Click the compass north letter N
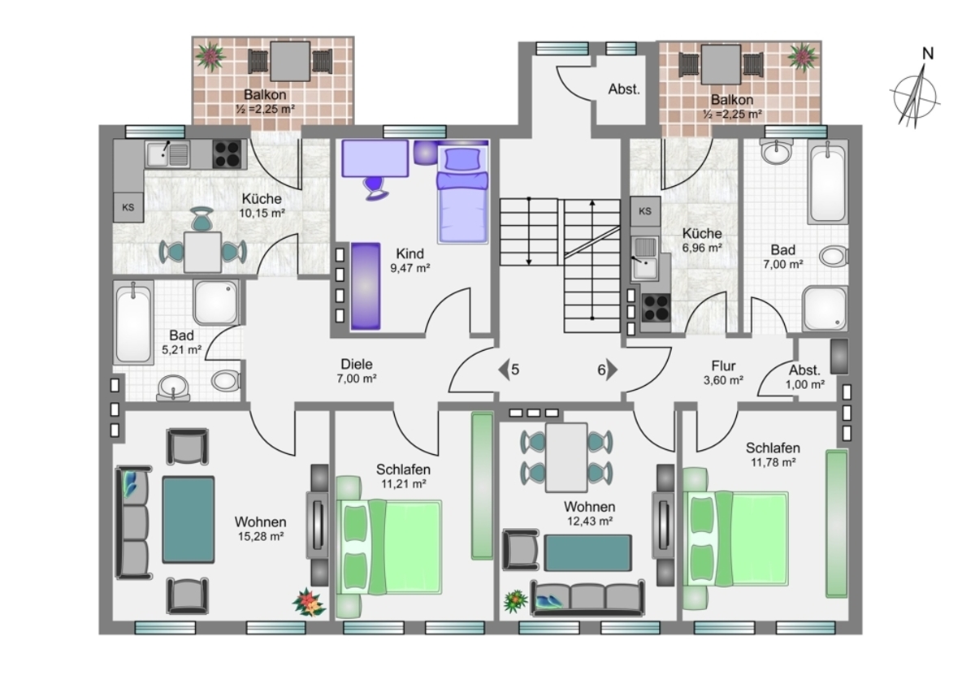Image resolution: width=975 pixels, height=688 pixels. pyautogui.click(x=928, y=54)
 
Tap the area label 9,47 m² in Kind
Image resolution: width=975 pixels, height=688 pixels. pyautogui.click(x=410, y=268)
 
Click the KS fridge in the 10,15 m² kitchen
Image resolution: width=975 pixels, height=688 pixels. pyautogui.click(x=128, y=208)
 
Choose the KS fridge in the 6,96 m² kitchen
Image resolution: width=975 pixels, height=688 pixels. pyautogui.click(x=645, y=211)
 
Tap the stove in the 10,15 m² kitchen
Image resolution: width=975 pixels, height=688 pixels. pyautogui.click(x=227, y=154)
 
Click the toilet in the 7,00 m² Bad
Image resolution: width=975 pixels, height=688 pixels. pyautogui.click(x=834, y=256)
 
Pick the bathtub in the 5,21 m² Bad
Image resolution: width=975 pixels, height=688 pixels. pyautogui.click(x=133, y=322)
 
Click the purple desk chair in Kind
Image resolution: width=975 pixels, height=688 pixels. pyautogui.click(x=375, y=188)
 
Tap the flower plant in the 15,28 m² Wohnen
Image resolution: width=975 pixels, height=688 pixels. pyautogui.click(x=308, y=602)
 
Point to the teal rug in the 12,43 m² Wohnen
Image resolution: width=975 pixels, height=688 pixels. pyautogui.click(x=587, y=552)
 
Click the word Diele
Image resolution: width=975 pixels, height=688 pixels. pyautogui.click(x=357, y=364)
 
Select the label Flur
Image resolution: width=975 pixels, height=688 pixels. pyautogui.click(x=723, y=366)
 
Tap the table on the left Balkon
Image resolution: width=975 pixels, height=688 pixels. pyautogui.click(x=290, y=62)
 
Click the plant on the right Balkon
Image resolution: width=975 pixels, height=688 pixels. pyautogui.click(x=803, y=57)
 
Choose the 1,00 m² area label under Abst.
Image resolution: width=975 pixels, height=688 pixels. pyautogui.click(x=805, y=385)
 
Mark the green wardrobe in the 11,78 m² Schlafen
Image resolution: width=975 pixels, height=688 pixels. pyautogui.click(x=837, y=523)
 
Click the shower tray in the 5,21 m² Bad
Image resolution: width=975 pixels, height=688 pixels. pyautogui.click(x=216, y=302)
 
